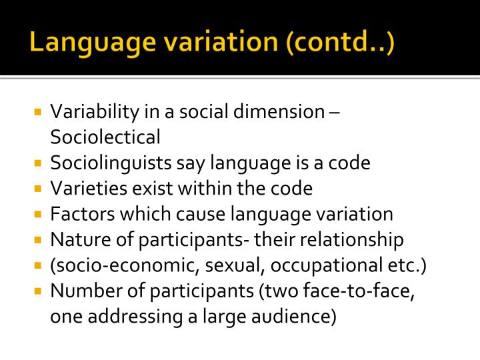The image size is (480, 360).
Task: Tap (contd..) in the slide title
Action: pyautogui.click(x=339, y=43)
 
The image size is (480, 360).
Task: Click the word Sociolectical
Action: pyautogui.click(x=105, y=137)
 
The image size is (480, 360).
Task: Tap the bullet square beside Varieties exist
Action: pyautogui.click(x=38, y=189)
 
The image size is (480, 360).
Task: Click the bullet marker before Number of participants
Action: pyautogui.click(x=38, y=291)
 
